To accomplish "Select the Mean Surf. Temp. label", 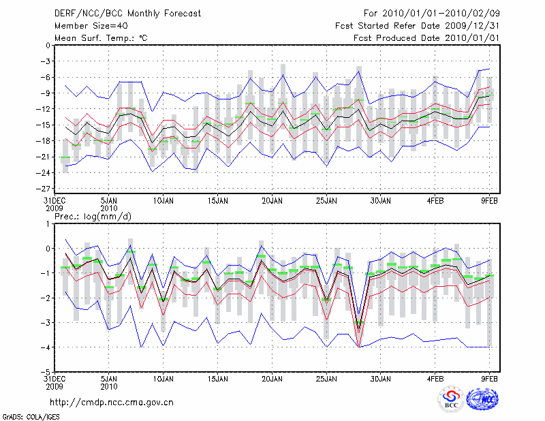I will click(101, 38).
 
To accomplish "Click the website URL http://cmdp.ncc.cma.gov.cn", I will click(112, 402).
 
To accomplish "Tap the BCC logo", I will click(451, 399).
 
